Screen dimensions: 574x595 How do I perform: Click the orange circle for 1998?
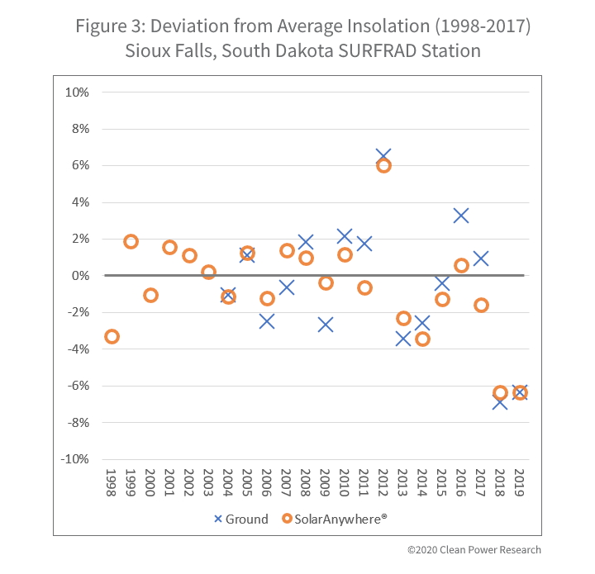pos(112,336)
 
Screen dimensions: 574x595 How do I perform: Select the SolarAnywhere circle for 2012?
pos(383,165)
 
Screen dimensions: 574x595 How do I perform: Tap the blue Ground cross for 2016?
pos(461,216)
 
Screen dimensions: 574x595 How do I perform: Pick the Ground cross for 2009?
pos(326,325)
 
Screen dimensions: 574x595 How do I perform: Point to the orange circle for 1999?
pos(131,241)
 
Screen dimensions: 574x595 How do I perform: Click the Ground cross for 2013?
pos(403,338)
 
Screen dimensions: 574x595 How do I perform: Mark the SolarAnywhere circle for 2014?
pos(422,339)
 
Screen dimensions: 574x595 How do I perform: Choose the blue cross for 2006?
pos(267,321)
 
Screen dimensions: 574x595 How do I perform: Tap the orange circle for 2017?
pos(481,305)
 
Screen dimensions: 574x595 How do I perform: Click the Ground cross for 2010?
pos(345,237)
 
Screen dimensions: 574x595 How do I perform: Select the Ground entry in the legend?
pos(240,519)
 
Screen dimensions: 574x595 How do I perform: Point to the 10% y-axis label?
pos(78,92)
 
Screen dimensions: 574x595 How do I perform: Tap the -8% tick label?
pos(78,422)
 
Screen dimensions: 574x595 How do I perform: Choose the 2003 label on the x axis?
pos(209,484)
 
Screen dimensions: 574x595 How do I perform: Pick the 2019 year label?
pos(520,484)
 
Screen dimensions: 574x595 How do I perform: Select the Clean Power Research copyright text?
pos(474,550)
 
